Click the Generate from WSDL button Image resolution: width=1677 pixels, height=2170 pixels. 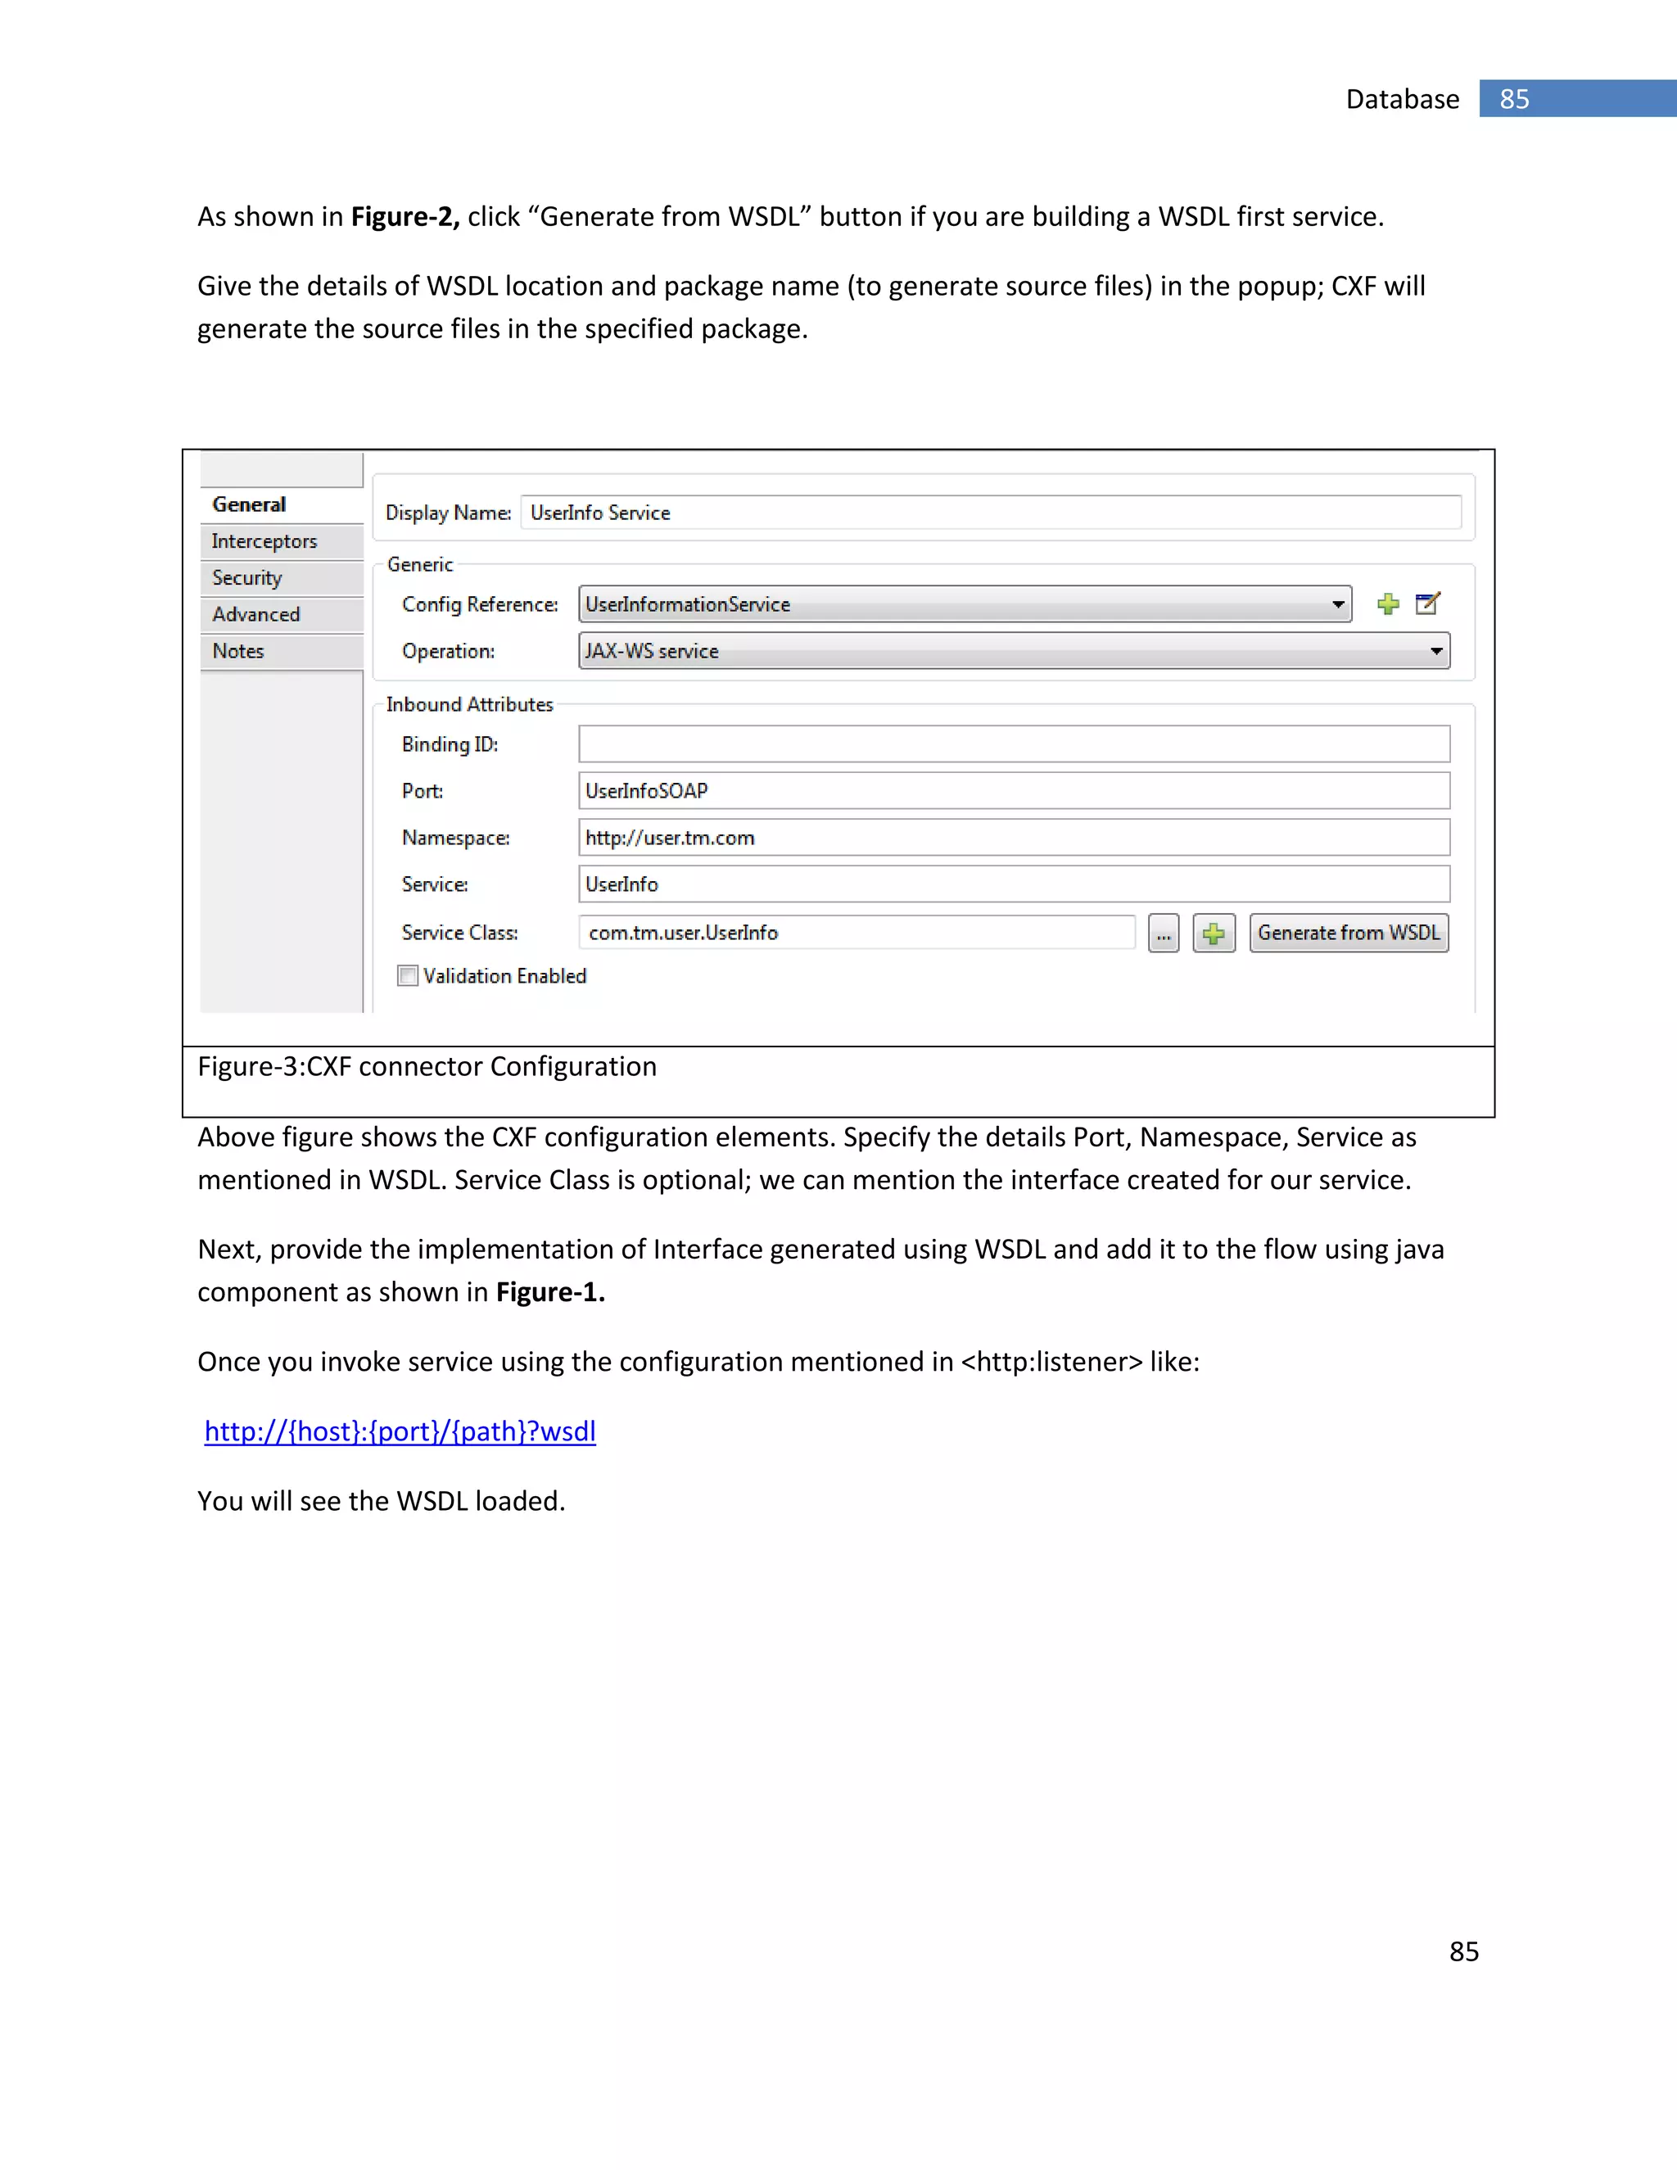pos(1348,933)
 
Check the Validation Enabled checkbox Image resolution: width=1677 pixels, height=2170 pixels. pos(407,976)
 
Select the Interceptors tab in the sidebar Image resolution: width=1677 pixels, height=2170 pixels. pos(264,541)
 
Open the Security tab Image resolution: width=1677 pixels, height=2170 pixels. pos(247,578)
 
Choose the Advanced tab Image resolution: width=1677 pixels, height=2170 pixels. pos(256,615)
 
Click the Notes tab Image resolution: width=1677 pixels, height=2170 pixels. pos(238,652)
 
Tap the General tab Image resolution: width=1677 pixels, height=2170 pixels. pos(250,504)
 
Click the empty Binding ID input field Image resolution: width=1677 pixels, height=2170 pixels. pos(1014,744)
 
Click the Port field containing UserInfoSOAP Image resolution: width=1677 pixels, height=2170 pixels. pos(1014,791)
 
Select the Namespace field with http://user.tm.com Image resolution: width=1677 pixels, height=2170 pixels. pos(1014,838)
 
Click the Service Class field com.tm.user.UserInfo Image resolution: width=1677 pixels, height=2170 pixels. pos(857,933)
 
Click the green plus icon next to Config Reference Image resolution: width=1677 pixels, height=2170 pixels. pos(1388,604)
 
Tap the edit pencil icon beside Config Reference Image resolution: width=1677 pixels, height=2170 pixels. pos(1427,604)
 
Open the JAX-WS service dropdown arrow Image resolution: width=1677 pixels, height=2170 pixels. pos(1435,652)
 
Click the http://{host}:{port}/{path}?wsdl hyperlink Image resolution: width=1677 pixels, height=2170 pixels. pos(400,1431)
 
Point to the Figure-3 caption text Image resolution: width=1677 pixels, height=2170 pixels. pos(427,1067)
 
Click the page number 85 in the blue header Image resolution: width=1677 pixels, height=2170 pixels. pos(1514,99)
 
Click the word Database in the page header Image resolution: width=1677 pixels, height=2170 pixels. pos(1402,99)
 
